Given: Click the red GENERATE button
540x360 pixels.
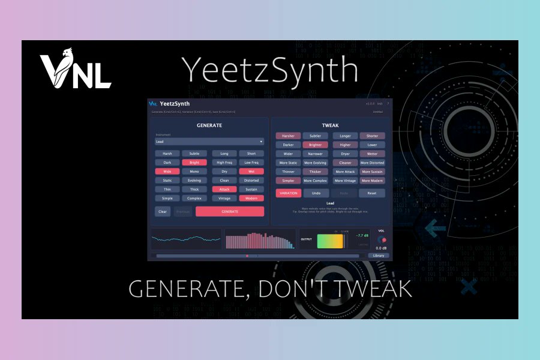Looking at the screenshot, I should (x=230, y=211).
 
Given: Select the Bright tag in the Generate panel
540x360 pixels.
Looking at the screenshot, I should (x=194, y=162).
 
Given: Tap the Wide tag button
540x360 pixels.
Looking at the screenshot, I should (x=167, y=171).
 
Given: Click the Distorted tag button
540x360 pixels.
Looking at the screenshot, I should (x=251, y=180).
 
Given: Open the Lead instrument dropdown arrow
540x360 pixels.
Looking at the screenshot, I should (x=261, y=142).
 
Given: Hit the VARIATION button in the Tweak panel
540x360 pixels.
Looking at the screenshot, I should (x=288, y=193).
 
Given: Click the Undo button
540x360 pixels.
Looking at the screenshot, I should (x=316, y=193).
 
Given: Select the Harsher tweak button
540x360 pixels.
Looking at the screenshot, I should (x=288, y=136).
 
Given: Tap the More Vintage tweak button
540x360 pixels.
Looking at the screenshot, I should (x=345, y=181).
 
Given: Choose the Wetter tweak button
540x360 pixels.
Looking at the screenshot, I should (x=372, y=154).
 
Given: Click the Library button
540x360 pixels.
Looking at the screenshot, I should (x=379, y=256).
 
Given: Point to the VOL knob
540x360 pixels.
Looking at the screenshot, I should (x=382, y=239).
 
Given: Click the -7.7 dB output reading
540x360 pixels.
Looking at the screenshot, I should (x=362, y=236).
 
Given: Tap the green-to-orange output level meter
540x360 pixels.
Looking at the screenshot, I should (x=330, y=240).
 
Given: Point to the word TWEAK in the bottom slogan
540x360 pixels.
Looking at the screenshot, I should (x=372, y=289).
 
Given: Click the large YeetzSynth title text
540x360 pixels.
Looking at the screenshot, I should (x=269, y=70).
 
